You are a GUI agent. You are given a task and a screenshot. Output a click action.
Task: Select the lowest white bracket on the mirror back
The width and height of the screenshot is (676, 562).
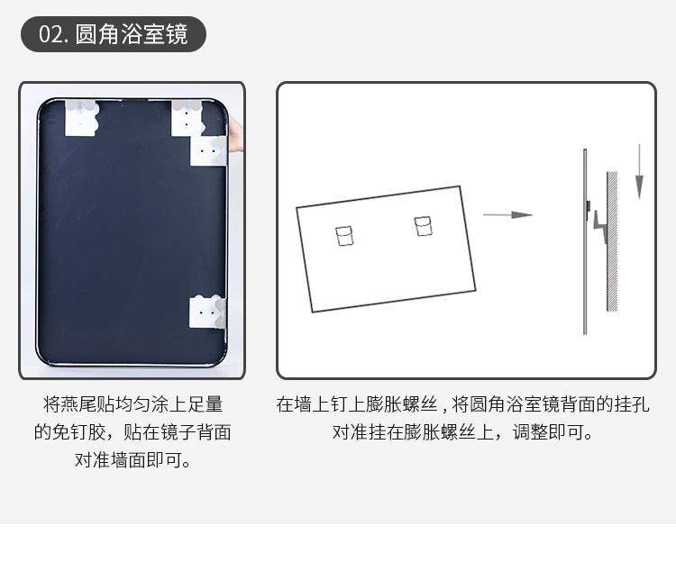click(x=206, y=312)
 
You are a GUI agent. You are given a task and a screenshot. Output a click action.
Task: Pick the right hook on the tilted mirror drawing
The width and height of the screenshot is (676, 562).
click(x=423, y=225)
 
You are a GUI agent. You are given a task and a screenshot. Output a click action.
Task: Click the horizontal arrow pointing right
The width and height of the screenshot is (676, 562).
click(x=507, y=215)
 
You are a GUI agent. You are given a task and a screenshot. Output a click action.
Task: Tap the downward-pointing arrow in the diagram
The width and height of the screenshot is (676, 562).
click(x=638, y=171)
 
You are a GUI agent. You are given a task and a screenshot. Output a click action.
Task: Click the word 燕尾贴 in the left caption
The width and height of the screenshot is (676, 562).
click(x=84, y=404)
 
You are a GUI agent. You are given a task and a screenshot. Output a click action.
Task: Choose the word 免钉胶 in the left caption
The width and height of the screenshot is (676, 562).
click(x=78, y=432)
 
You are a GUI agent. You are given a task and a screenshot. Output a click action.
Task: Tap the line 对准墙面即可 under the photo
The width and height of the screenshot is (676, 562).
click(x=132, y=460)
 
